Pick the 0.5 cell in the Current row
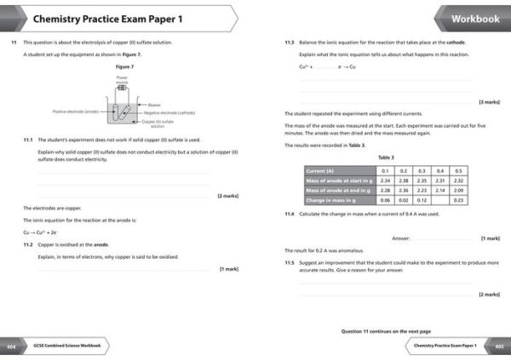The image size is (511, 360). click(459, 170)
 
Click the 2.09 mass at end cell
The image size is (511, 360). click(459, 190)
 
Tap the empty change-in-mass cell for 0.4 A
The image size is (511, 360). click(440, 199)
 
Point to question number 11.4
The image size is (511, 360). click(290, 214)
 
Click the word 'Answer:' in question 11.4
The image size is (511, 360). click(401, 238)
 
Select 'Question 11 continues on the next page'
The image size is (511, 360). click(386, 331)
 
